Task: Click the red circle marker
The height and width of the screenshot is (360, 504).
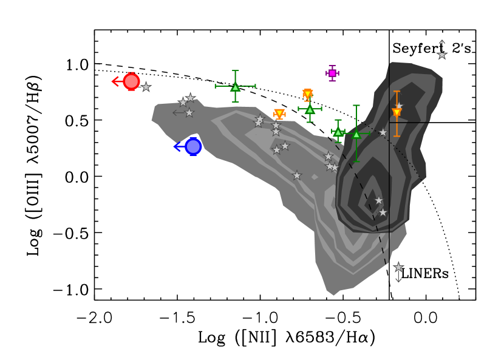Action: pos(131,81)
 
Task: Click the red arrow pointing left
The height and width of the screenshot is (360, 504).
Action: pos(117,81)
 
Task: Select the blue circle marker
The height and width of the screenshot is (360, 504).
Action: pos(193,146)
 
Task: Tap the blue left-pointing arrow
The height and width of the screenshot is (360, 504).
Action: pos(179,146)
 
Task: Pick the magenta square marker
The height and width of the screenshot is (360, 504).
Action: pos(332,73)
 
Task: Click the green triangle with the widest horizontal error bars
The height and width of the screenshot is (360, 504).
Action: pos(236,87)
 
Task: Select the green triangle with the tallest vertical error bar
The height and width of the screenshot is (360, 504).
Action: pos(356,134)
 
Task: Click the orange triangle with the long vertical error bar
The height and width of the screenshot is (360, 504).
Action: pos(397,113)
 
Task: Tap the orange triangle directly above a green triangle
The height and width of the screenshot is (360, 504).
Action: pos(308,94)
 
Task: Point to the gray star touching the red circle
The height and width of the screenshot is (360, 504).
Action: pos(146,87)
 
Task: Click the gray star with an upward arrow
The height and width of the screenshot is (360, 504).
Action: pos(442,55)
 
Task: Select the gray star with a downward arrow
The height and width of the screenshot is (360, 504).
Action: pos(398,267)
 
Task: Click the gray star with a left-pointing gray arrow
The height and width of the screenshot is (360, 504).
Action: pos(189,112)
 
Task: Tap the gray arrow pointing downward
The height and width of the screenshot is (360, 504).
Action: pos(398,278)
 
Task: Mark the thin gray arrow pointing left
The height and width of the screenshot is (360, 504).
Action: pos(178,112)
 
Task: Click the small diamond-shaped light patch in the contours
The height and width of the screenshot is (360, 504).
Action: pos(315,177)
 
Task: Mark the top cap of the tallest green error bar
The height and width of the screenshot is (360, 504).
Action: pos(356,106)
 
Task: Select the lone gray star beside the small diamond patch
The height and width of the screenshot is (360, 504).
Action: pos(297,175)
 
